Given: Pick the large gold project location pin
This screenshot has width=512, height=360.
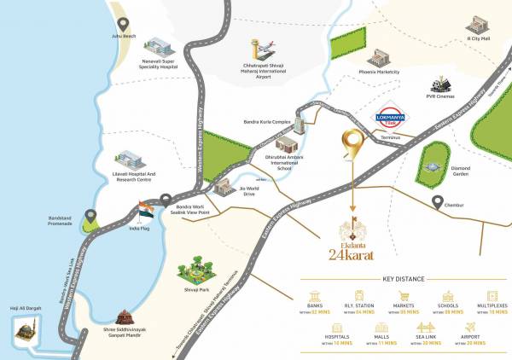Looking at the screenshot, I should pyautogui.click(x=350, y=145).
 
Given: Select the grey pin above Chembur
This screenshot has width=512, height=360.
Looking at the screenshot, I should pyautogui.click(x=439, y=203).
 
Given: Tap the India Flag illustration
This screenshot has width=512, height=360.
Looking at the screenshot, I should pyautogui.click(x=146, y=212).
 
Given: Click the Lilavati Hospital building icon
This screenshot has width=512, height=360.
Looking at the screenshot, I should pyautogui.click(x=127, y=161).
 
